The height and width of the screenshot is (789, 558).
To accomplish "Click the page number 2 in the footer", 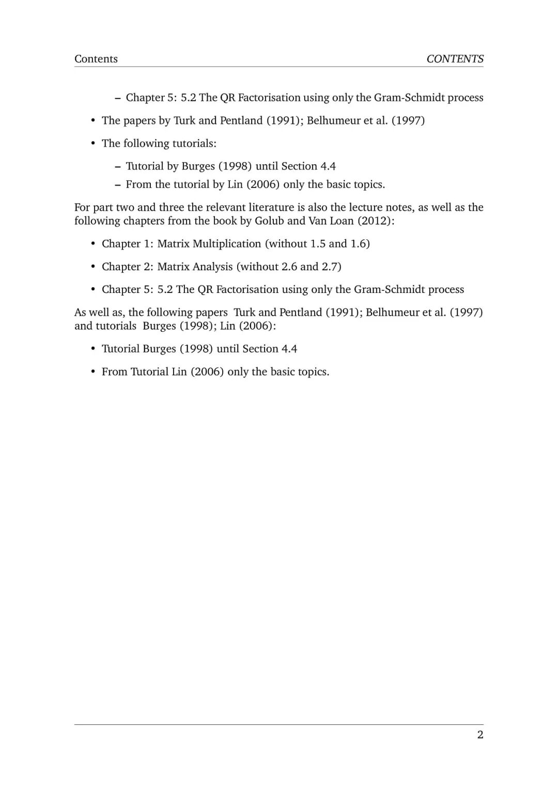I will click(480, 735).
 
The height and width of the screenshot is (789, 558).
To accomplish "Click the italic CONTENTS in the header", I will click(455, 59).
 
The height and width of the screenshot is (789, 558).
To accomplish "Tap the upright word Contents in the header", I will click(96, 59).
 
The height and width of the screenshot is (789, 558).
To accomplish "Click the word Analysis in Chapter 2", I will click(212, 267).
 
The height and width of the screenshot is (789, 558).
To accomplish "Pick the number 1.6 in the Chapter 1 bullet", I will click(358, 244).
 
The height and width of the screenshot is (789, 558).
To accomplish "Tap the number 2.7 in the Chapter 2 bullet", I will click(330, 267).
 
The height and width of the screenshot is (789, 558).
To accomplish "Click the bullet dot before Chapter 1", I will click(93, 244).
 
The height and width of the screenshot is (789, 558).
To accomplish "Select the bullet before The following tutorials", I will click(93, 144).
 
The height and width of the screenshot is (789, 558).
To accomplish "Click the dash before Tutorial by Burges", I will click(117, 166).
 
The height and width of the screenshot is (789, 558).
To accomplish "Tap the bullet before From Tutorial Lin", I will click(93, 372).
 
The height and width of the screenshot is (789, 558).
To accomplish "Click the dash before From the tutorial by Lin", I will click(117, 185).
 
